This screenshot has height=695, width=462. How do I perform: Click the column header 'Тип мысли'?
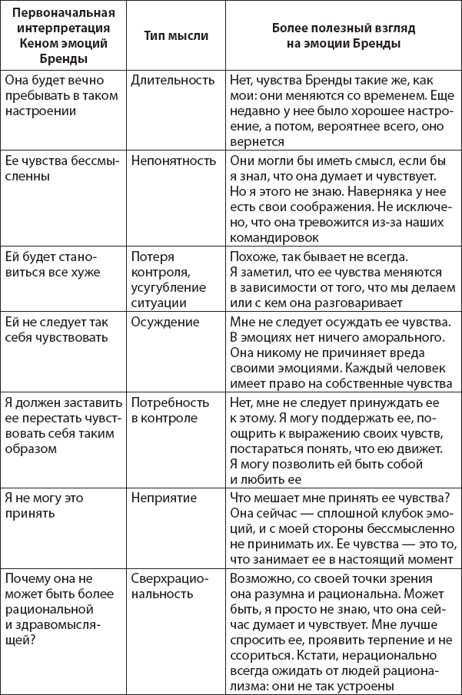174,36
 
